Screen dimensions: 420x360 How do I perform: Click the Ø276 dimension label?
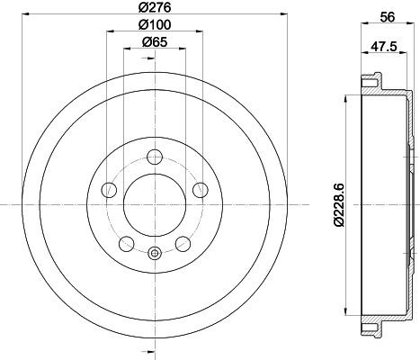click(x=155, y=7)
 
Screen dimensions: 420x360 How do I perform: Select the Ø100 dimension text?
click(x=155, y=24)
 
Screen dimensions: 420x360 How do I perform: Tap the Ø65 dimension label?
click(x=155, y=42)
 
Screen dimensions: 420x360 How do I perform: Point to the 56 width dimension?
click(x=388, y=17)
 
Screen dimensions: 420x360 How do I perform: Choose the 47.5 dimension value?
click(x=384, y=47)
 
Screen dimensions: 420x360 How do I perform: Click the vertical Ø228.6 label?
click(x=339, y=205)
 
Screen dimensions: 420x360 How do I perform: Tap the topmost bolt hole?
click(x=155, y=157)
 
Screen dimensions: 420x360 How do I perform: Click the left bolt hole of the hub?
click(x=109, y=190)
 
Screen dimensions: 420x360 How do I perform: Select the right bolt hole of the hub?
click(x=201, y=190)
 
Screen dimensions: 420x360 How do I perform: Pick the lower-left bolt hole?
click(x=127, y=244)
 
